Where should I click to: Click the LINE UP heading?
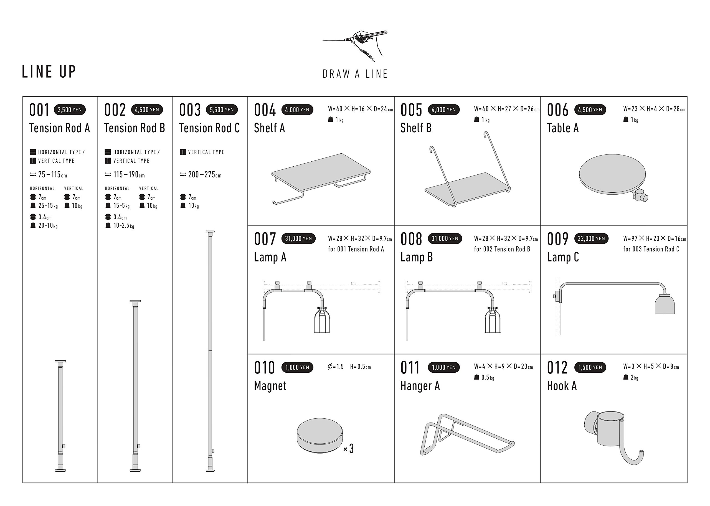click(49, 72)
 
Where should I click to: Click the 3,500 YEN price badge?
click(70, 110)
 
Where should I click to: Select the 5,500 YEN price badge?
click(222, 110)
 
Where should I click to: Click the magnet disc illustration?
click(320, 436)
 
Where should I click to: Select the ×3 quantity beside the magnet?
click(348, 449)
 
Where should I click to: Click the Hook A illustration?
click(613, 438)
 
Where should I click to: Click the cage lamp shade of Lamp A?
click(322, 320)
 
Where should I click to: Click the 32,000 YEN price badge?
click(591, 239)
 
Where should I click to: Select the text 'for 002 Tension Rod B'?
click(502, 249)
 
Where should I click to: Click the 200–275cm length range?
click(204, 175)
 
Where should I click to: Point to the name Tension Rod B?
click(135, 128)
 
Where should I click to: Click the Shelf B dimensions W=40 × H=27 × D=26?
click(507, 109)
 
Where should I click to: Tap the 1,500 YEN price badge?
click(590, 367)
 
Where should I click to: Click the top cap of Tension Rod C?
click(211, 232)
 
